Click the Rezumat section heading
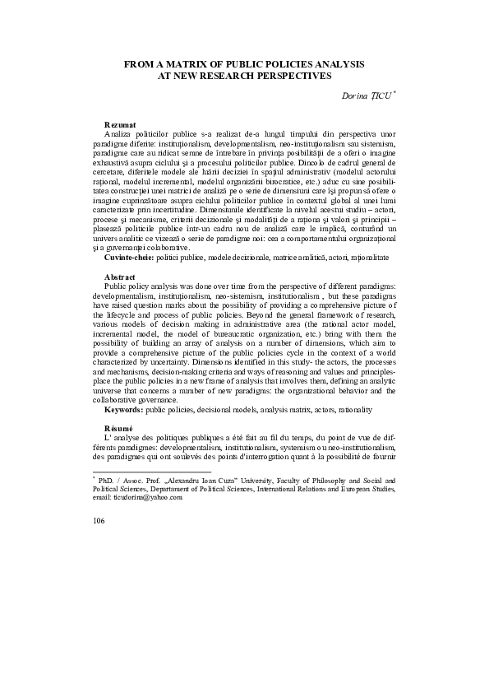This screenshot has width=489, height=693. click(118, 123)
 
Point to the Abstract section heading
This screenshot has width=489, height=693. click(120, 277)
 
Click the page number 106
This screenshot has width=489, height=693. click(100, 521)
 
